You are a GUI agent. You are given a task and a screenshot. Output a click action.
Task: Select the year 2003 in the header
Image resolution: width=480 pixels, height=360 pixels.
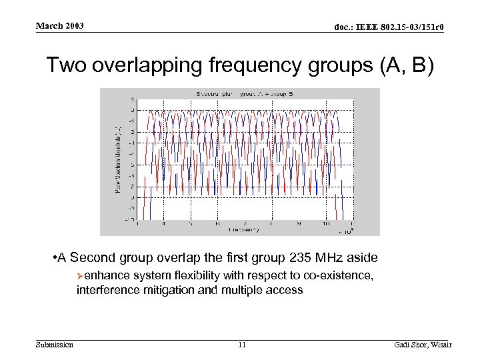click(x=75, y=26)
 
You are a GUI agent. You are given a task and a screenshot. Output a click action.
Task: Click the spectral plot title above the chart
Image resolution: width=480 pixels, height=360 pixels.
click(x=239, y=93)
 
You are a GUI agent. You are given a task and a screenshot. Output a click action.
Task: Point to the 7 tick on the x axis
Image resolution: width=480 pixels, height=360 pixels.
click(x=246, y=224)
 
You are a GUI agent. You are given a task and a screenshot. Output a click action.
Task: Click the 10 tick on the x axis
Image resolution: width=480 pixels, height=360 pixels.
click(x=327, y=224)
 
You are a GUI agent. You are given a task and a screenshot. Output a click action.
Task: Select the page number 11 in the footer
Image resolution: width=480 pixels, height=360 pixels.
click(x=241, y=345)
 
